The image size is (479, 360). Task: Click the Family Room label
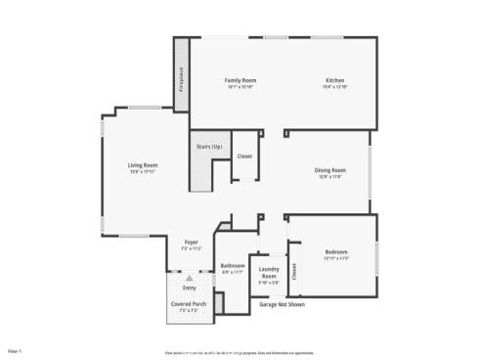(x=239, y=80)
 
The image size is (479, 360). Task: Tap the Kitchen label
(x=335, y=80)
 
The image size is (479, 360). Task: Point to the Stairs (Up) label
(x=210, y=147)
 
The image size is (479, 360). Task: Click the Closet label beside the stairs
(x=244, y=157)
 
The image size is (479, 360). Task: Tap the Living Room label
(x=143, y=165)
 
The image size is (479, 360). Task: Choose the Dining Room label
(x=330, y=170)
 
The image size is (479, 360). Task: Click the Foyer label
(x=192, y=243)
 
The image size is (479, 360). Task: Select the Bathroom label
(x=233, y=265)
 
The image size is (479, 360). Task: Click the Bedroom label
(x=336, y=252)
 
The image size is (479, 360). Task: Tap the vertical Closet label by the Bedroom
(x=294, y=273)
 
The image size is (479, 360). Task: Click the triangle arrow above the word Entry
(x=190, y=279)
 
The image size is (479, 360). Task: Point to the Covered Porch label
(x=188, y=304)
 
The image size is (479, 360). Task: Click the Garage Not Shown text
(x=283, y=304)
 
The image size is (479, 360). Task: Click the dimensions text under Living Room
(x=143, y=172)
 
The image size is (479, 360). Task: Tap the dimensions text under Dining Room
(x=330, y=177)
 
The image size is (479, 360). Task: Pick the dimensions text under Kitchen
(x=335, y=87)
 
